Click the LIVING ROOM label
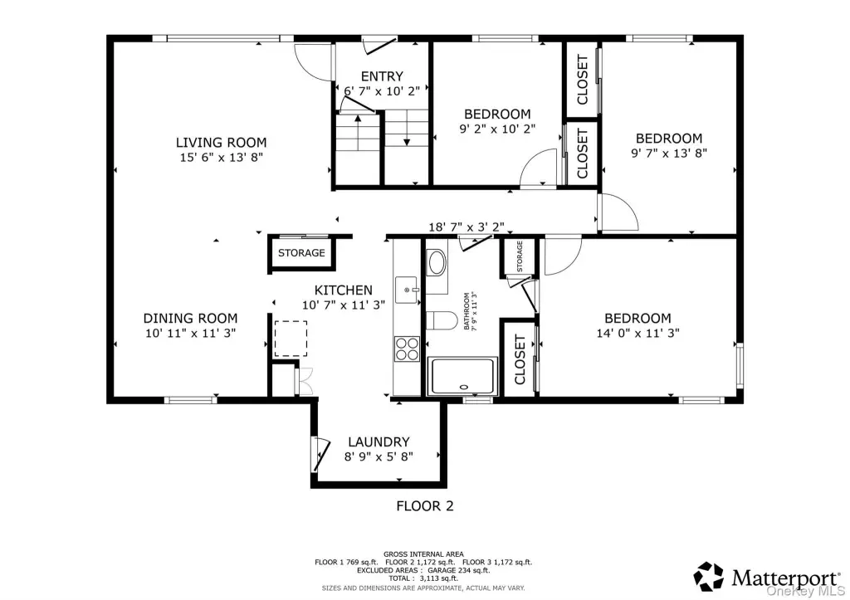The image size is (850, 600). pyautogui.click(x=221, y=143)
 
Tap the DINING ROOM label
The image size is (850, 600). pyautogui.click(x=190, y=318)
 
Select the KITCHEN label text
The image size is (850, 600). pyautogui.click(x=343, y=290)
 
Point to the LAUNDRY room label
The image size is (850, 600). pyautogui.click(x=379, y=441)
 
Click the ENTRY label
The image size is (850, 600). pyautogui.click(x=382, y=76)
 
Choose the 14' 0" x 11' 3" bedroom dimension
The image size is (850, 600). pyautogui.click(x=638, y=333)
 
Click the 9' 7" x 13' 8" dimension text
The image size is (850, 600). pyautogui.click(x=669, y=153)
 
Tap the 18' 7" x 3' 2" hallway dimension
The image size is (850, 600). pyautogui.click(x=467, y=227)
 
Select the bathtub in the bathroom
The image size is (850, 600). pyautogui.click(x=462, y=376)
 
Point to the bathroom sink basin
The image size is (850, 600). pyautogui.click(x=437, y=263)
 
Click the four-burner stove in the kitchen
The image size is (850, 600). pyautogui.click(x=407, y=349)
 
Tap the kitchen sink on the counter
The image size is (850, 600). pyautogui.click(x=407, y=290)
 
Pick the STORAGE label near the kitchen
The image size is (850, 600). pyautogui.click(x=301, y=253)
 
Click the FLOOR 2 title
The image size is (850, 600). pyautogui.click(x=425, y=506)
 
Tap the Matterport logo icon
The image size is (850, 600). pyautogui.click(x=709, y=576)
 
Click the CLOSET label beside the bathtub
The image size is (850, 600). pyautogui.click(x=520, y=359)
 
